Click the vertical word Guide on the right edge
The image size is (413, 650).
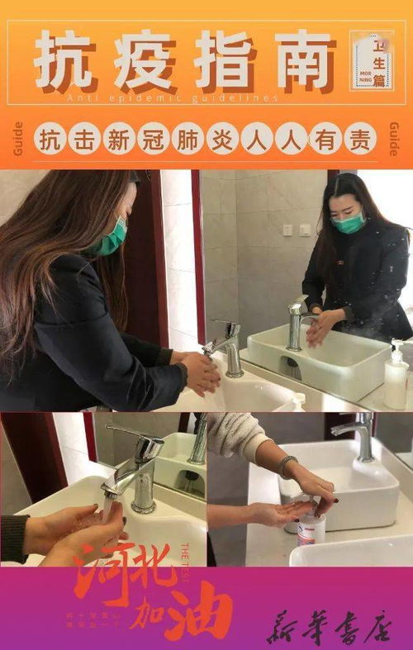(393, 139)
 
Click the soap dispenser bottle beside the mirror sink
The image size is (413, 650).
(396, 376)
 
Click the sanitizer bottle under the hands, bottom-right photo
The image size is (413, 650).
(311, 525)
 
